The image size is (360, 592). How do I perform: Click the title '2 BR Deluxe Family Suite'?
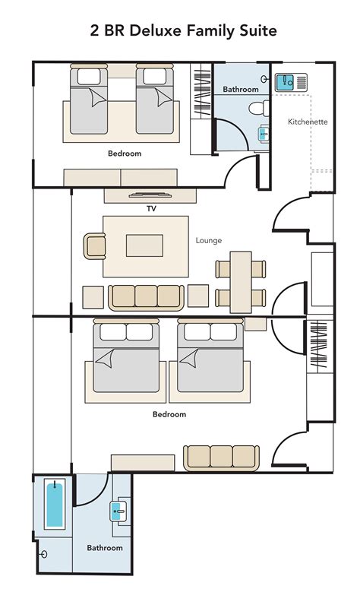[x=179, y=30]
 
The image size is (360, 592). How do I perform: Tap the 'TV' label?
[x=151, y=207]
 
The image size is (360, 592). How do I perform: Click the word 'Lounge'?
[x=209, y=241]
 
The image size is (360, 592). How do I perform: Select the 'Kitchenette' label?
[x=307, y=122]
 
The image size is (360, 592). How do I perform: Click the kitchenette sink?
[x=286, y=81]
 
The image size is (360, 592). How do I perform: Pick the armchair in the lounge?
[x=95, y=245]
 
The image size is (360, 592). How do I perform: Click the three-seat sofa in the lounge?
[x=145, y=296]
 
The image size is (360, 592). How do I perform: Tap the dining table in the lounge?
[x=241, y=280]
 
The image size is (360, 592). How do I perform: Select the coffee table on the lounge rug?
[x=145, y=244]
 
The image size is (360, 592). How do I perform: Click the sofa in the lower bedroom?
[x=221, y=456]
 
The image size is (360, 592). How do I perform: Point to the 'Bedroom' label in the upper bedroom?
[x=125, y=154]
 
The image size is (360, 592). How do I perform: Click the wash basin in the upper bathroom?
[x=264, y=133]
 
